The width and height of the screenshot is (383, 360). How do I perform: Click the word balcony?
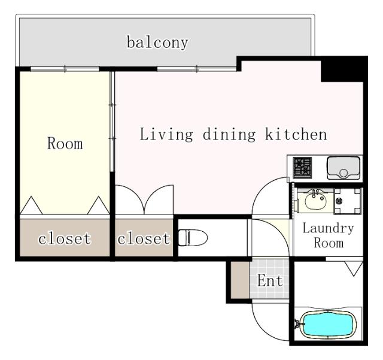(x=157, y=43)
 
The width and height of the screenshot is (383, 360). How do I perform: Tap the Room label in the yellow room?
(x=65, y=144)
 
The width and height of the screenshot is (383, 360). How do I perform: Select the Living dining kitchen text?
(x=233, y=134)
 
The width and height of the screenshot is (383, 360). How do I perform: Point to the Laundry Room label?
(x=327, y=235)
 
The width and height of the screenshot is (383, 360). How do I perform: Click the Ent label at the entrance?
(x=270, y=280)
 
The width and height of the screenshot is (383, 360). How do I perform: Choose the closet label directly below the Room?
(x=65, y=239)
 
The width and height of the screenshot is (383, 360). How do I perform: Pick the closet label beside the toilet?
(x=144, y=239)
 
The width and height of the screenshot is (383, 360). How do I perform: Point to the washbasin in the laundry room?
(x=314, y=200)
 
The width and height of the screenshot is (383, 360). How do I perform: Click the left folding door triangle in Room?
(x=31, y=206)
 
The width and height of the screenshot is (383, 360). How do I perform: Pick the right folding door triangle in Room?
(x=97, y=206)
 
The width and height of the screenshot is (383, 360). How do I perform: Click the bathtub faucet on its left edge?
(x=296, y=325)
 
